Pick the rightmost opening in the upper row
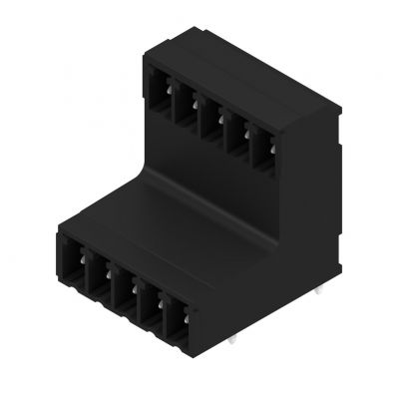tap(262, 149)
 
